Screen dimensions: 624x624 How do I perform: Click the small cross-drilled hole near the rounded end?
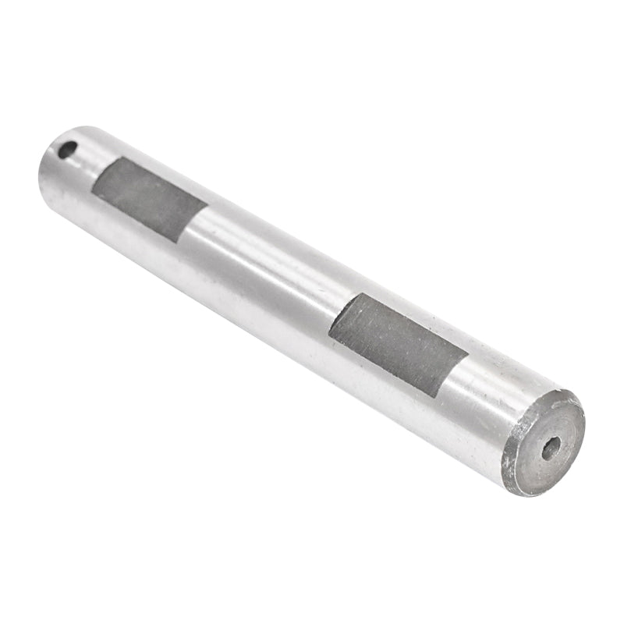(x=68, y=149)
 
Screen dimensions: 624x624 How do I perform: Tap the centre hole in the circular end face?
(x=551, y=448)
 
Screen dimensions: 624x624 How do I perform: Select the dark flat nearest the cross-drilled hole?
(x=149, y=199)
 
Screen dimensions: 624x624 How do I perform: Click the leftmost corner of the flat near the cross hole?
(x=92, y=189)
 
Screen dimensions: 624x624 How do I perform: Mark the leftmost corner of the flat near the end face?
(x=329, y=334)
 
